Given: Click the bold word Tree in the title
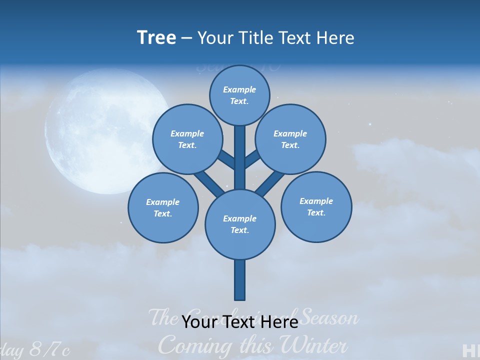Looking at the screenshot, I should pyautogui.click(x=156, y=37).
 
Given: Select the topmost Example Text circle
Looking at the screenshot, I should pyautogui.click(x=239, y=95).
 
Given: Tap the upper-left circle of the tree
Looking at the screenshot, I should pyautogui.click(x=187, y=139).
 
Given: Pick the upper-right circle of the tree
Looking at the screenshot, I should pyautogui.click(x=290, y=139).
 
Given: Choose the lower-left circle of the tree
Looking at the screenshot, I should pyautogui.click(x=163, y=207).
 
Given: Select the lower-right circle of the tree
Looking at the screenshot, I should pyautogui.click(x=316, y=206).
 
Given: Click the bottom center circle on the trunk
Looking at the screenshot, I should pyautogui.click(x=240, y=224).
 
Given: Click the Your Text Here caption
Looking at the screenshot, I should pyautogui.click(x=240, y=321).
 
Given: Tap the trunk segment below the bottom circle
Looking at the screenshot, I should pyautogui.click(x=240, y=280).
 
